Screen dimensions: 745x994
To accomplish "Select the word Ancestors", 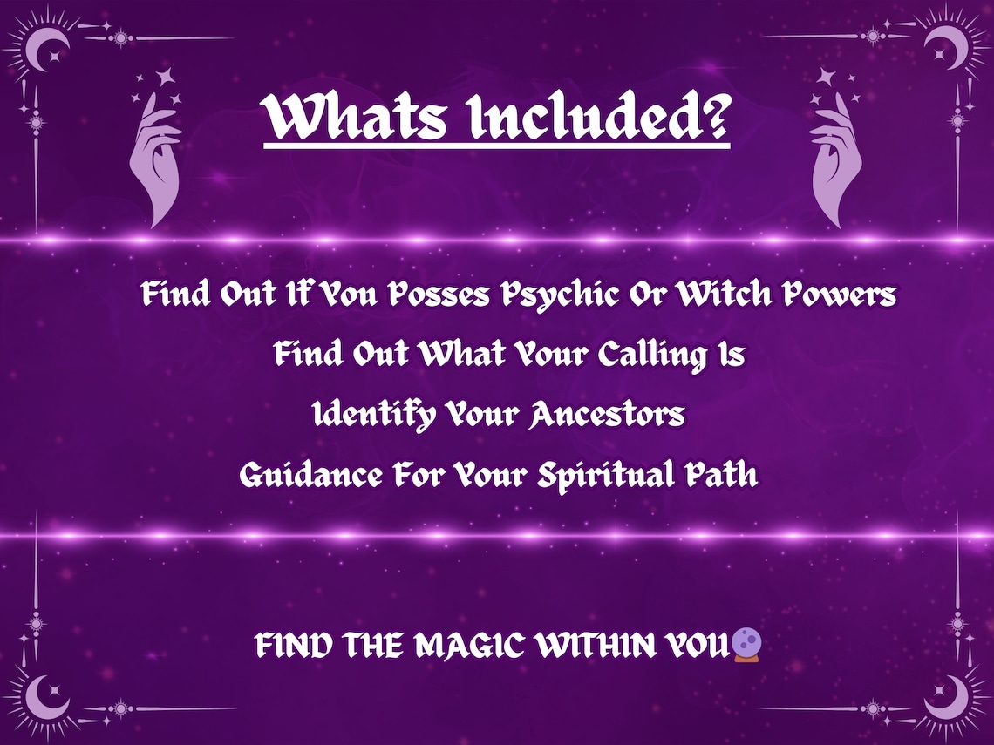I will [607, 415].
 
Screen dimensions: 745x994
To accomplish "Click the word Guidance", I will [310, 476].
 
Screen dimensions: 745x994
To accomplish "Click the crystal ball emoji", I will [747, 646].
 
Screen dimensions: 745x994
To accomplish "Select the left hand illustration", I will [155, 157].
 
